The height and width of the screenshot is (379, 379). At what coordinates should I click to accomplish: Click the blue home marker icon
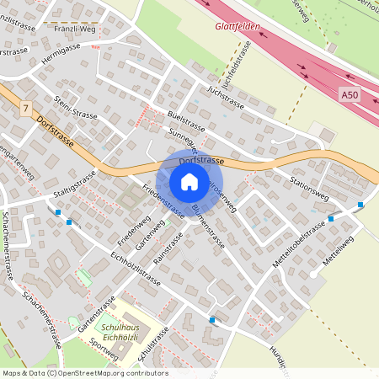189,181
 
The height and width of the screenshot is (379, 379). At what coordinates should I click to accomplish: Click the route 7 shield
27,109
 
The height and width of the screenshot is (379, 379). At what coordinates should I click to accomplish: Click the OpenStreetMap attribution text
84,373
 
